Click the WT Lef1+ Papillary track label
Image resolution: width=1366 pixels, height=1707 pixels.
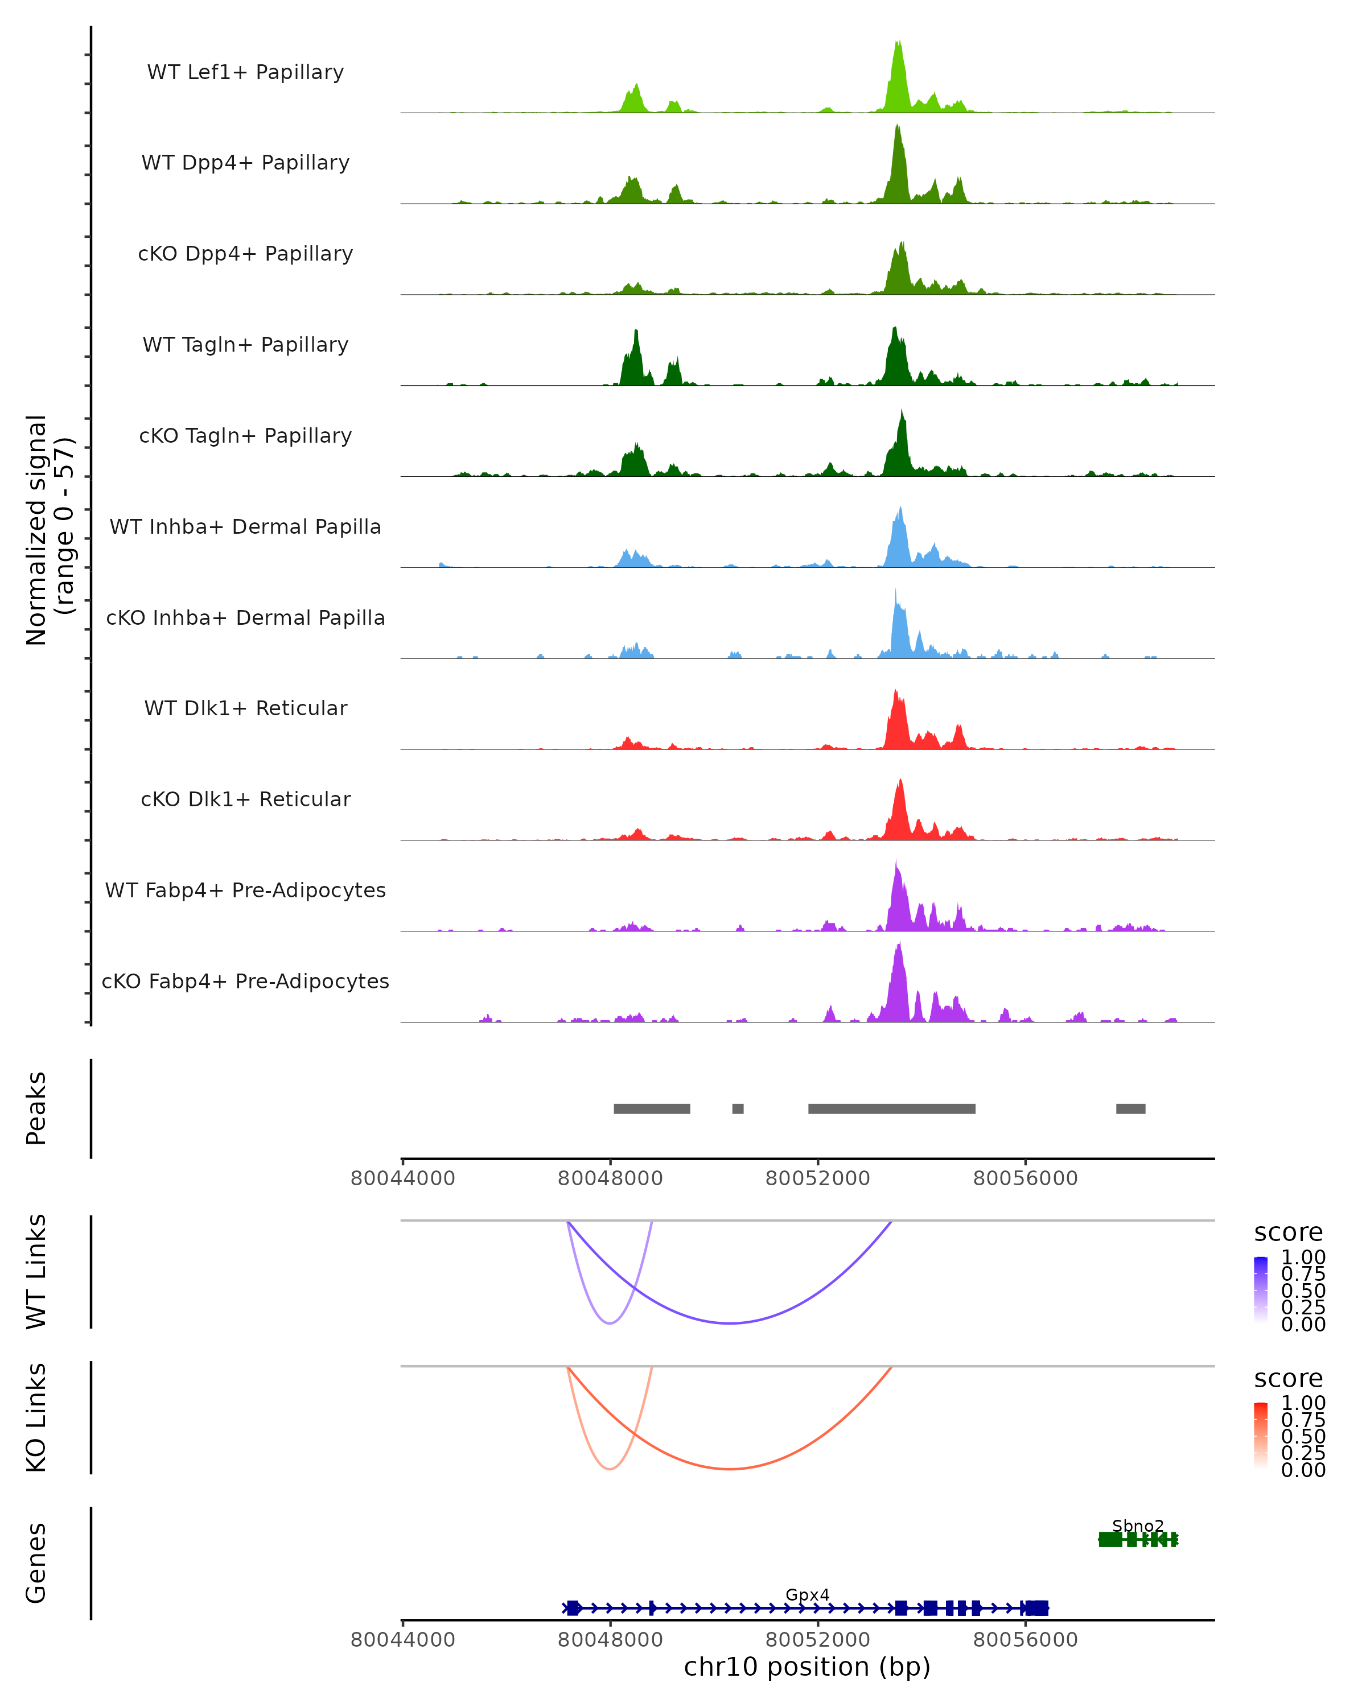point(245,72)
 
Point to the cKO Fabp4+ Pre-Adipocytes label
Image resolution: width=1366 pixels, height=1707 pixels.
point(245,981)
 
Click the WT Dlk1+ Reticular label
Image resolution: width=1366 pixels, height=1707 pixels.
point(245,708)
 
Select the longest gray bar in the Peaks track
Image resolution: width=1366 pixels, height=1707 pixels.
point(892,1108)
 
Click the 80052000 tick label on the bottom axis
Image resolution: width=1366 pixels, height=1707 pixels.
point(817,1640)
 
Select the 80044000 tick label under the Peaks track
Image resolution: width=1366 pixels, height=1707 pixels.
point(402,1178)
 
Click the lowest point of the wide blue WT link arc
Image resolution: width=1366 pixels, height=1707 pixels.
point(730,1323)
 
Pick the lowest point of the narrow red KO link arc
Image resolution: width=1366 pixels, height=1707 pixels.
point(610,1469)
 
